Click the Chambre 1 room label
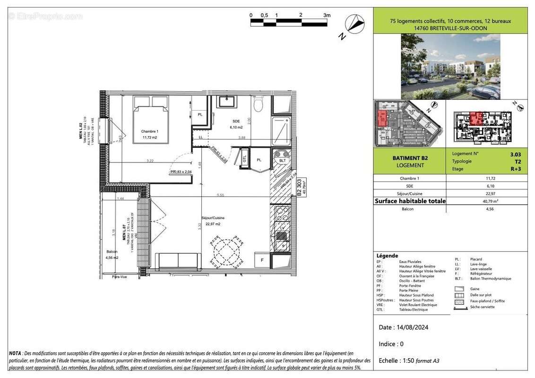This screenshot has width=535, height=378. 149,131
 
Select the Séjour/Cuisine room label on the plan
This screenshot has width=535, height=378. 213,218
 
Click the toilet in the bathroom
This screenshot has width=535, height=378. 258,103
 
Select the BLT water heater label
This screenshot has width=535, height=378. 283,161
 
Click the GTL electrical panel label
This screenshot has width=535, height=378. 244,159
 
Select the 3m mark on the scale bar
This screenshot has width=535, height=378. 327,15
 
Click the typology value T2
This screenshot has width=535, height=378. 518,161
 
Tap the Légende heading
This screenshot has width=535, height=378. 387,256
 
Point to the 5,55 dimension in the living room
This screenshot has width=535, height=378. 221,195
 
